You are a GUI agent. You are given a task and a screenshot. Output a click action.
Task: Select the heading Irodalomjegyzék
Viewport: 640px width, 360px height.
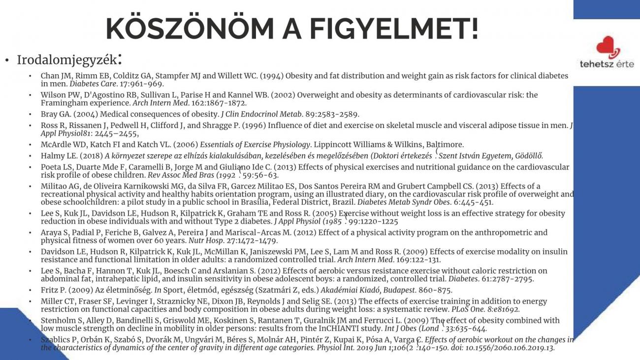[66, 60]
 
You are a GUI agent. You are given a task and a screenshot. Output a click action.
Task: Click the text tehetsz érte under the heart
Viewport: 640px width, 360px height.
[607, 65]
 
